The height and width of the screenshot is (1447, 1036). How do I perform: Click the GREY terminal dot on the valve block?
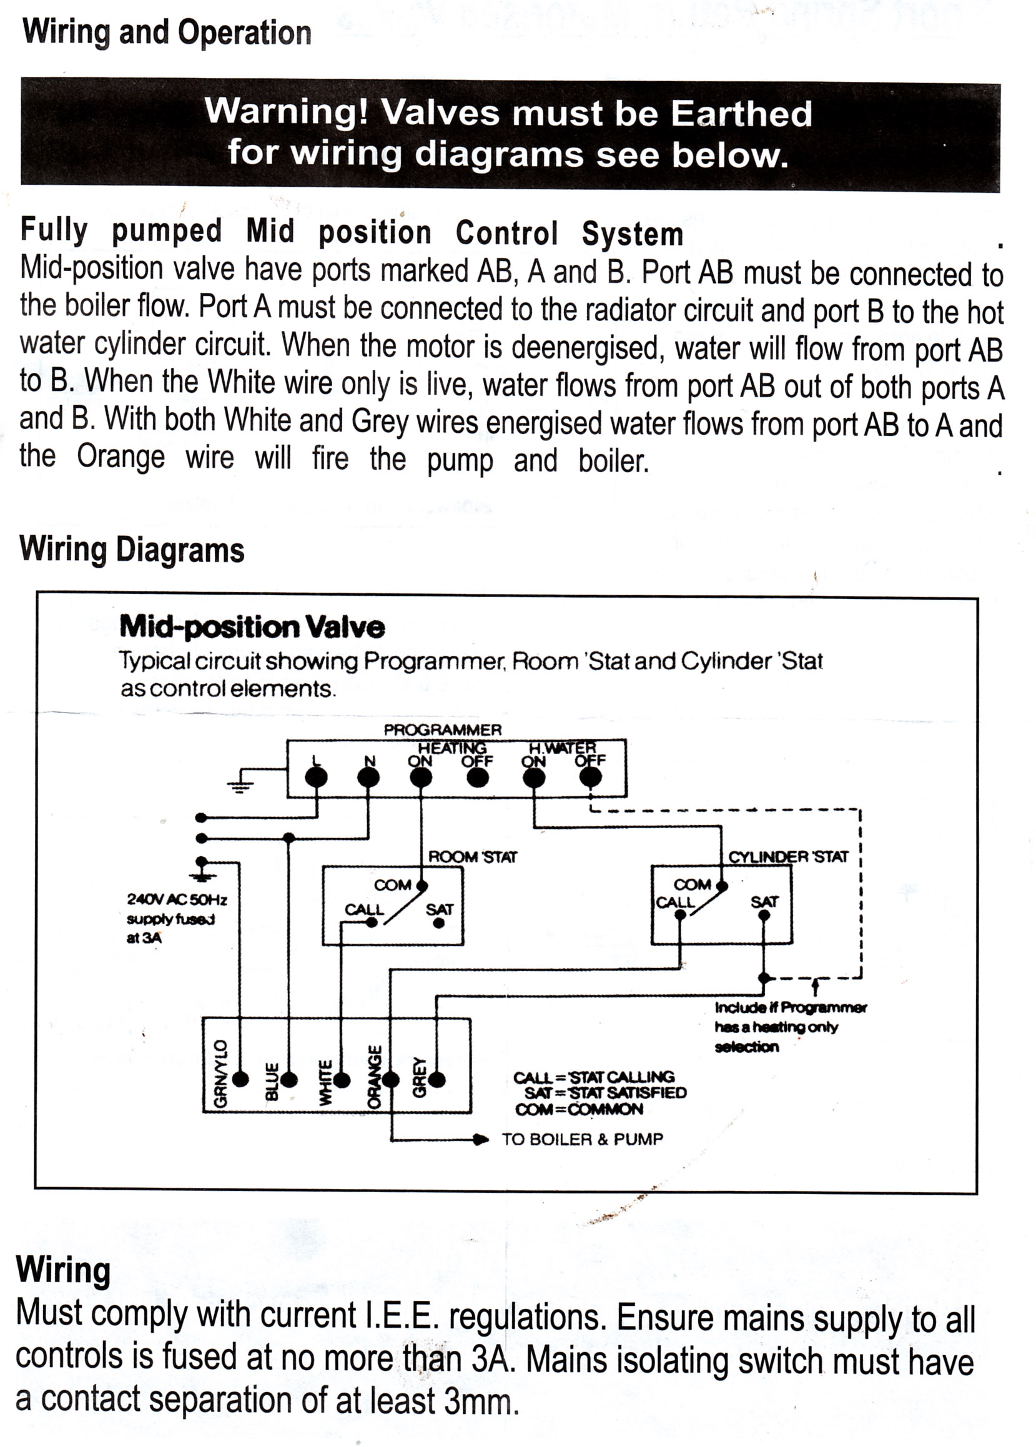point(437,1080)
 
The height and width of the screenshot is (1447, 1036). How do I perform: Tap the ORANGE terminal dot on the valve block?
point(390,1080)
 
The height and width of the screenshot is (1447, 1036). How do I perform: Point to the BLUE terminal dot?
point(289,1080)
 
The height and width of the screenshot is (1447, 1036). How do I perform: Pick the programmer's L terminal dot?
point(317,778)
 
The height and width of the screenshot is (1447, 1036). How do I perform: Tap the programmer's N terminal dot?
point(368,778)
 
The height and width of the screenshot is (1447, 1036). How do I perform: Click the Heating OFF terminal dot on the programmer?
point(478,778)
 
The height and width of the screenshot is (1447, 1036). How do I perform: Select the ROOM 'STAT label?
point(473,857)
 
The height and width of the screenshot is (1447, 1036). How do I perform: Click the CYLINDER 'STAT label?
point(789,857)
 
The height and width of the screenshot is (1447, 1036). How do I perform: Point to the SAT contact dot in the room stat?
point(439,923)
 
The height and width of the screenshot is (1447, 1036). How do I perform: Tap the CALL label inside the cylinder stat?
point(675,902)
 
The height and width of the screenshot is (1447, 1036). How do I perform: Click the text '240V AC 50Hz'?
point(177,899)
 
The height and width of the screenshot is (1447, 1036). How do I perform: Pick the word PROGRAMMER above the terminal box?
point(443,730)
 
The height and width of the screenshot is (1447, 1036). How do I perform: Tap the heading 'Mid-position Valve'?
point(252,626)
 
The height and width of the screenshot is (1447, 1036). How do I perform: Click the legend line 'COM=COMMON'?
point(580,1110)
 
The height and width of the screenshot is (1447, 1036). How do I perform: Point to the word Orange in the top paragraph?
point(121,457)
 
